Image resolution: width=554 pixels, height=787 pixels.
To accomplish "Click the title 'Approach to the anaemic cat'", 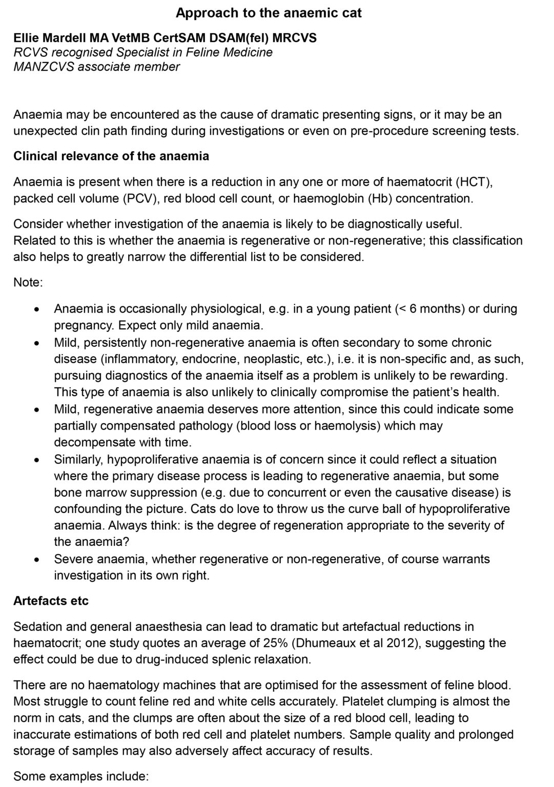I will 269,13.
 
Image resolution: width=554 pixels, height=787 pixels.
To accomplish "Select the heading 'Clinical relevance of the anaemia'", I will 111,156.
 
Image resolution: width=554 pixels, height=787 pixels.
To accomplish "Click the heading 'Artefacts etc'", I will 51,600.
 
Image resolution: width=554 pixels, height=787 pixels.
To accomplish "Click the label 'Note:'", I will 28,282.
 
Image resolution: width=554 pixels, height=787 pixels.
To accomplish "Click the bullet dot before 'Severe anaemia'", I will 36,560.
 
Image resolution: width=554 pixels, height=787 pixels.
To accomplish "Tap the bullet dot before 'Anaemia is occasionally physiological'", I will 36,309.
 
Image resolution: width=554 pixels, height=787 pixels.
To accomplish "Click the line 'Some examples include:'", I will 81,776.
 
